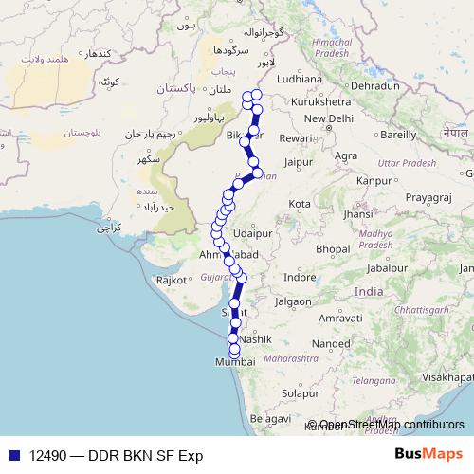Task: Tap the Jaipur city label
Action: pyautogui.click(x=298, y=162)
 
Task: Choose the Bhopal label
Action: pyautogui.click(x=334, y=248)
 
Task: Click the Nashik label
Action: pyautogui.click(x=256, y=338)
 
